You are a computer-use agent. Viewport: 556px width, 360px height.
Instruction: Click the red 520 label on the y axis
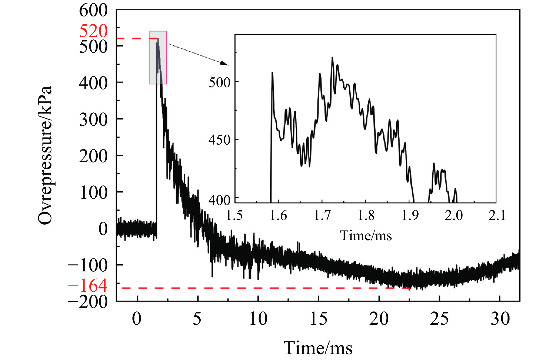94,31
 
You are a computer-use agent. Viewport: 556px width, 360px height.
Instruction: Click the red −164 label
88,286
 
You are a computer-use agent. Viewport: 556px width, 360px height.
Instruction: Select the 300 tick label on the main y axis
94,119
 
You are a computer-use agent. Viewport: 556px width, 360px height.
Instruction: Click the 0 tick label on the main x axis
137,319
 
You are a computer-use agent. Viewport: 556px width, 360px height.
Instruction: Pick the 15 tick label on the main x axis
319,319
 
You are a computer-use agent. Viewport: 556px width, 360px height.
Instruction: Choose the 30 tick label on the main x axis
500,319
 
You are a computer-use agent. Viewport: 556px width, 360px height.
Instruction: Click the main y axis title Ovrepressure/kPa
45,155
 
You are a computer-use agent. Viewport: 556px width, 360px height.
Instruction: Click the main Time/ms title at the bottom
318,348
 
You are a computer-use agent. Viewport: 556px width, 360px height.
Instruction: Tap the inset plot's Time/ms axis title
366,236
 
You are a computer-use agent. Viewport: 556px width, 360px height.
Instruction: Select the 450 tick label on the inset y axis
219,140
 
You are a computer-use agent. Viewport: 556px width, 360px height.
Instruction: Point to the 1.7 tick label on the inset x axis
322,215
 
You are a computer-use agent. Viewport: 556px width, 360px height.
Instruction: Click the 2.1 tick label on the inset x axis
497,215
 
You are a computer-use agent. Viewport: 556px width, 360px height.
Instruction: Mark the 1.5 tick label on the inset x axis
234,215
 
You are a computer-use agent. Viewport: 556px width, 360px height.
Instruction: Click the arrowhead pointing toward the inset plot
225,64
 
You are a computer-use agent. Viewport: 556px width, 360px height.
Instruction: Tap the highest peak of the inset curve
332,58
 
